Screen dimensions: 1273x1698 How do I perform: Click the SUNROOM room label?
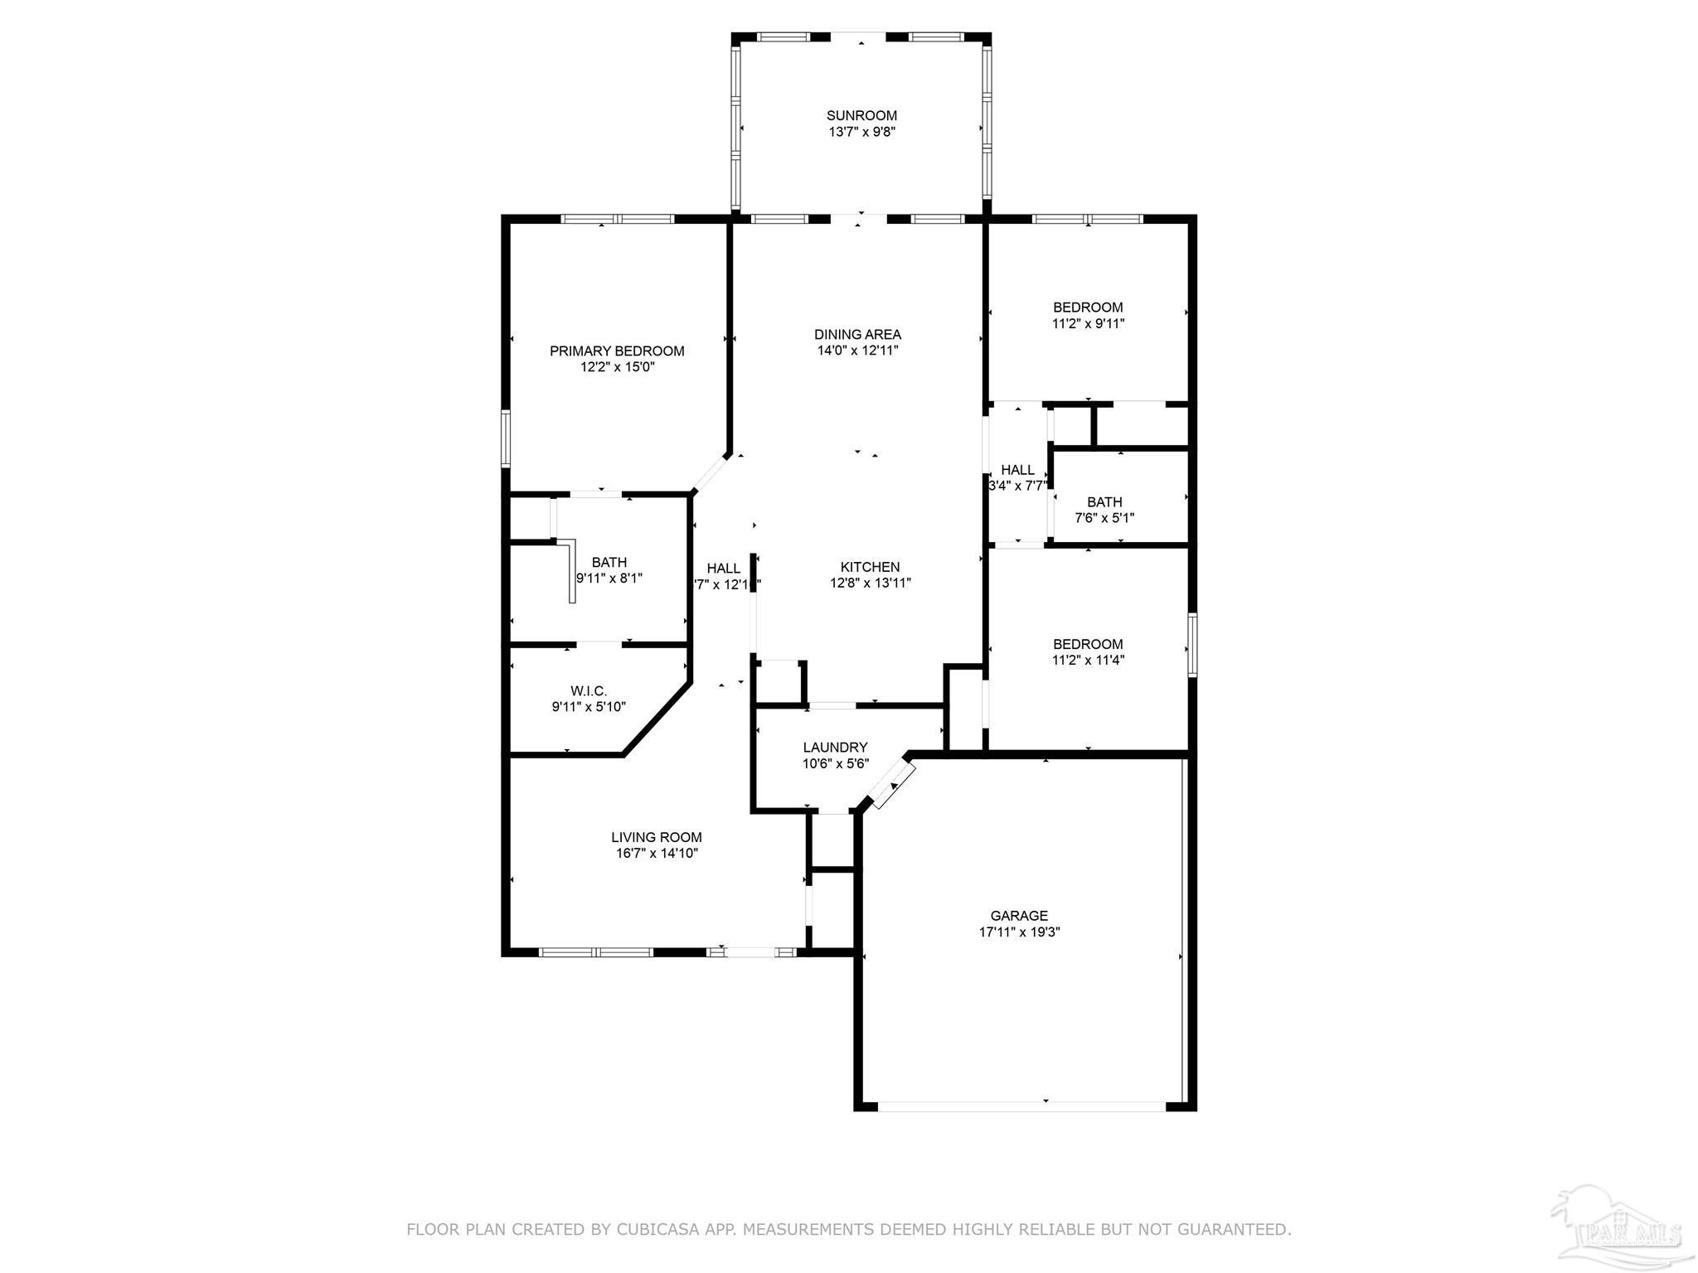(861, 116)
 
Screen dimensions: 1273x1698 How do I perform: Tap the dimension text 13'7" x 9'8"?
(861, 132)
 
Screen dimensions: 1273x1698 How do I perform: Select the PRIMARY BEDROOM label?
(617, 351)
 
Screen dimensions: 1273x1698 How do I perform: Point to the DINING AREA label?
(857, 335)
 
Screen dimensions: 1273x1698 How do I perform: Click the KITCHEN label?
(870, 567)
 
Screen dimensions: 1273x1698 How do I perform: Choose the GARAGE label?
(1019, 916)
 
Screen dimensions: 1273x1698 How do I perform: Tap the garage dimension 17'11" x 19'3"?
(1019, 932)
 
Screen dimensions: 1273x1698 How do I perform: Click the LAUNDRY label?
(835, 748)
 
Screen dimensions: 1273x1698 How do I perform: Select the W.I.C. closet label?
(589, 691)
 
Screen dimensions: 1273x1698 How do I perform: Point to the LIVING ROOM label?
(657, 837)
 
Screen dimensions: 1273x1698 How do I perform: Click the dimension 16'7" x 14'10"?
(657, 853)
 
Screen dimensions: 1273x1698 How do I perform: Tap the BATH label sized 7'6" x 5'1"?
(1104, 502)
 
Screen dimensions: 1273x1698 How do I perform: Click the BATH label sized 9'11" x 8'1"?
(609, 563)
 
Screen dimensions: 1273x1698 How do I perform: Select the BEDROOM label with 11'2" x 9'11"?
(1088, 307)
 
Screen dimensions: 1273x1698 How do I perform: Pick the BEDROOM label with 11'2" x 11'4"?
(1088, 644)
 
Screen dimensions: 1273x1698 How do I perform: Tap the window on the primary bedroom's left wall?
(506, 439)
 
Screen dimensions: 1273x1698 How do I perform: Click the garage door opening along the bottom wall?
(1021, 1106)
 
